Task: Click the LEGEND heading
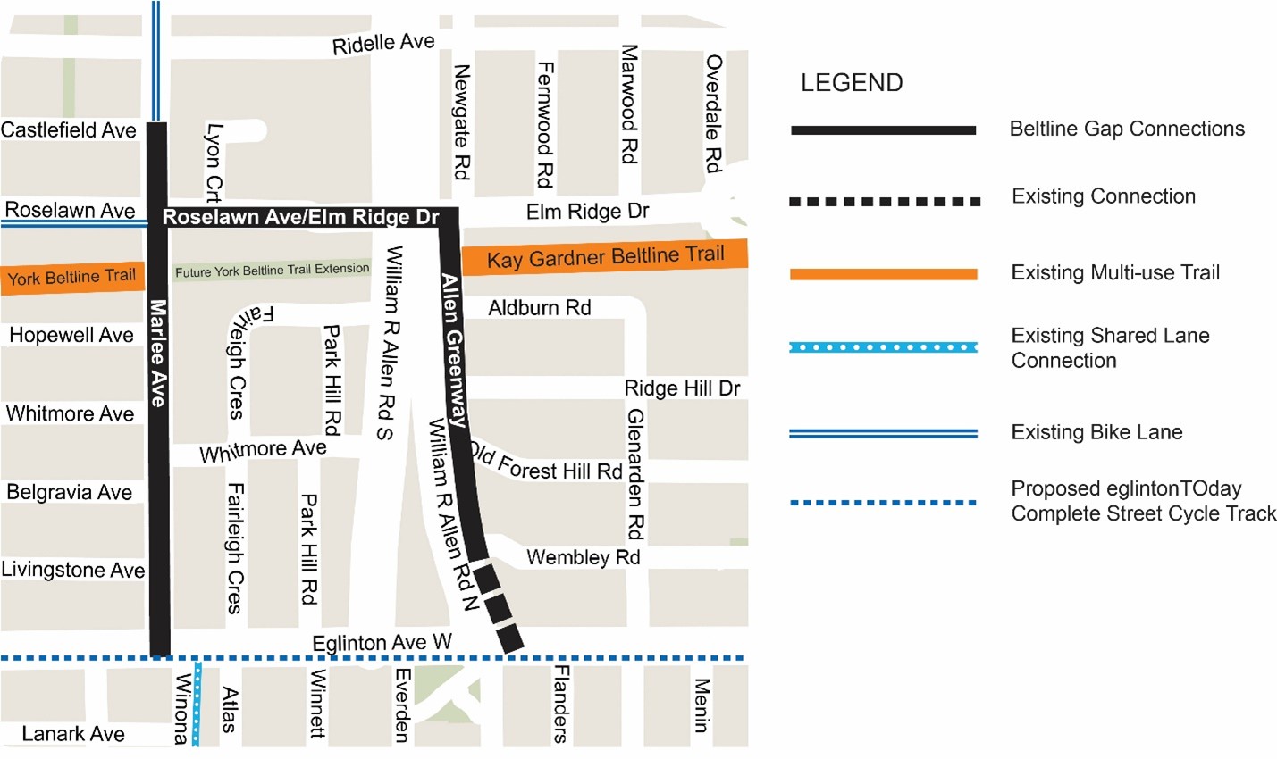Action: [x=851, y=83]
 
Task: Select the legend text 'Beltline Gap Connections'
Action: [x=1126, y=129]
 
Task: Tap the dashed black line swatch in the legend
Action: [x=884, y=202]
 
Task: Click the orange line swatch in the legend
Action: [x=883, y=274]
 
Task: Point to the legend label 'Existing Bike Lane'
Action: [x=1096, y=433]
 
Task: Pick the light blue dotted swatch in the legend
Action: [x=883, y=347]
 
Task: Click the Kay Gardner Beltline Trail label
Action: [x=605, y=257]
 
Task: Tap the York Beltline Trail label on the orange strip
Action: [x=71, y=278]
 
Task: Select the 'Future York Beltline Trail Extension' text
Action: [x=272, y=270]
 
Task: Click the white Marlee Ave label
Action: [x=158, y=353]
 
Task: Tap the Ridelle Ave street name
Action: [x=383, y=44]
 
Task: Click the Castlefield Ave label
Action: [x=69, y=130]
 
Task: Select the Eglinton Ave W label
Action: [x=382, y=643]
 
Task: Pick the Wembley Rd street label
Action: [x=583, y=557]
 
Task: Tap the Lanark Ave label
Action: [x=73, y=734]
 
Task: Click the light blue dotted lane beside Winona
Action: [x=197, y=705]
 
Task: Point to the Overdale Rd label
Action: [x=713, y=113]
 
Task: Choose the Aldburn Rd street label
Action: [x=539, y=308]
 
